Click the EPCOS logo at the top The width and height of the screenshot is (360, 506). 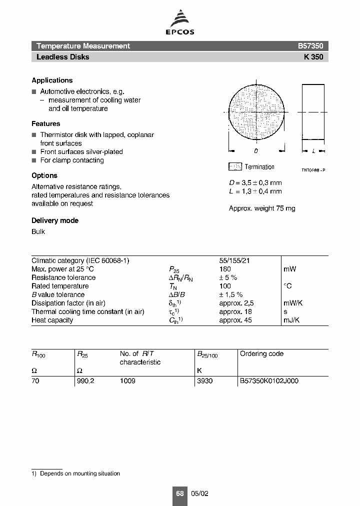click(180, 23)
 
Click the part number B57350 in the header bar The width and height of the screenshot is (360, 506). click(310, 46)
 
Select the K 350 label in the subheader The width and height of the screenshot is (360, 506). click(313, 57)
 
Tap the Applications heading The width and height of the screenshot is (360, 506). click(52, 80)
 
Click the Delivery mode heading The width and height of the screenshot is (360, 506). click(55, 220)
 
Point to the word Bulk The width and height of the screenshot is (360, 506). click(38, 231)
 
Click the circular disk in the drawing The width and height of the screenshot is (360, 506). click(256, 113)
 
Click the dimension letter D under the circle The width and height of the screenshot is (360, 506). click(256, 150)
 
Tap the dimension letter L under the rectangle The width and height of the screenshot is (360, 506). click(313, 150)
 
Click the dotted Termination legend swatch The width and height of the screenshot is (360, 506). click(235, 167)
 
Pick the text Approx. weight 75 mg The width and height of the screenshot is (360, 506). click(262, 208)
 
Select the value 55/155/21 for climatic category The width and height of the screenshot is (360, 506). click(235, 260)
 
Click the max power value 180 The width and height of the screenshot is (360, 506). click(225, 269)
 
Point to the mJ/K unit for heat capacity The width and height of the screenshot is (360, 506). click(291, 320)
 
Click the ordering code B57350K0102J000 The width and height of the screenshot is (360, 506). click(269, 381)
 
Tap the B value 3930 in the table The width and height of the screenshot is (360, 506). click(204, 381)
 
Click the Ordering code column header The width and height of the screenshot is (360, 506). click(261, 354)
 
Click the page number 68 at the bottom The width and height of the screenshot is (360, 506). click(179, 493)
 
